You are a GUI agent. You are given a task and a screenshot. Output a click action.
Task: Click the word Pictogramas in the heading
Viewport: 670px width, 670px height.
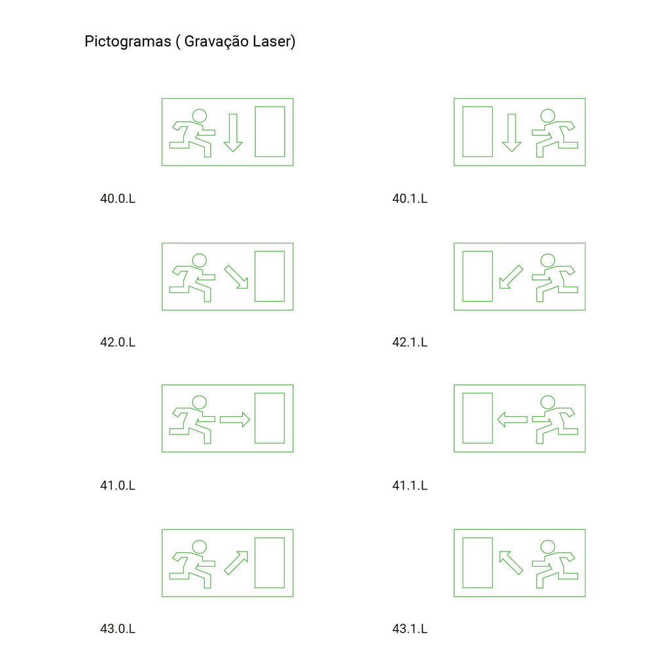128,42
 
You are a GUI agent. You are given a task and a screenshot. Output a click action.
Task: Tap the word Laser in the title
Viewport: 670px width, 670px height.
272,41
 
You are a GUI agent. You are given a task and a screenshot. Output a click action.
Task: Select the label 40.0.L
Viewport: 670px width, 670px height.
118,199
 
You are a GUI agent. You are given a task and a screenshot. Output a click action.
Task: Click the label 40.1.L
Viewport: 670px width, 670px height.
410,199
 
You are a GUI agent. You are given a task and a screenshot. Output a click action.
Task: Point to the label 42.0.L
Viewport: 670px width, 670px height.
118,342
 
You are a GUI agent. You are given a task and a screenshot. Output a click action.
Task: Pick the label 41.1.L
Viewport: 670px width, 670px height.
410,485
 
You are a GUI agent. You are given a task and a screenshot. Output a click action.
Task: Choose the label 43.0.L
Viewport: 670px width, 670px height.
118,629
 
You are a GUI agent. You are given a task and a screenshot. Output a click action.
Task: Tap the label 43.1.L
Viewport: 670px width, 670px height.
410,629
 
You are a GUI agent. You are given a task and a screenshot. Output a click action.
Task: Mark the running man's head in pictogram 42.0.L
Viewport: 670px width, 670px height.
199,254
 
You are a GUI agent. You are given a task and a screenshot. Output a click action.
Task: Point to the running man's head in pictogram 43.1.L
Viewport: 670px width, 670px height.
548,540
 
